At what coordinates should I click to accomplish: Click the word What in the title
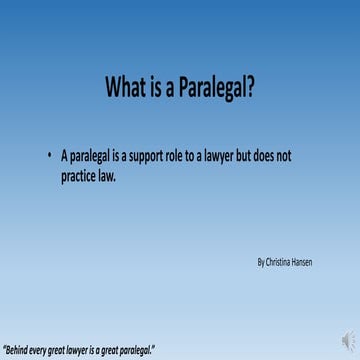tap(127, 89)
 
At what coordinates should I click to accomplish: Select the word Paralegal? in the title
tap(219, 89)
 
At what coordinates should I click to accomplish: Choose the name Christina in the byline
tap(281, 262)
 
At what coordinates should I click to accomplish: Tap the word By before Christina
tap(261, 262)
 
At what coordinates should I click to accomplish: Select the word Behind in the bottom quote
tap(19, 349)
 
